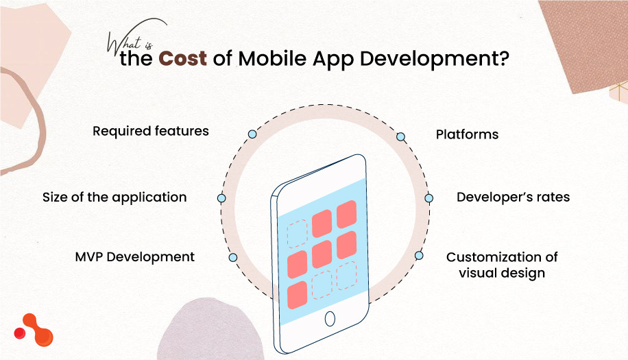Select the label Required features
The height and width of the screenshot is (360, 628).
point(151,130)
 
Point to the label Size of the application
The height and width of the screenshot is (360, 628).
point(114,197)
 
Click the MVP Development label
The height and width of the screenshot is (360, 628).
point(135,257)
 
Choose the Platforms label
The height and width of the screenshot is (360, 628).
point(467,134)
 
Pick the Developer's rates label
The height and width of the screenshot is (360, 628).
point(514,197)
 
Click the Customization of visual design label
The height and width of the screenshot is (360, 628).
point(502,265)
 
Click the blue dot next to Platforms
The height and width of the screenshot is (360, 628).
point(401,137)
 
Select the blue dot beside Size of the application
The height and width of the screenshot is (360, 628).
point(221,198)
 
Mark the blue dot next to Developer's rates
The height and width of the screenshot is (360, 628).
point(429,198)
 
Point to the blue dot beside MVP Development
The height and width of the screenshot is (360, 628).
point(233,258)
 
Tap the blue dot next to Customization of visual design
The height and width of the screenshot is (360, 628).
point(419,256)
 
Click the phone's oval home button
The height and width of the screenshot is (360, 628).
point(330,319)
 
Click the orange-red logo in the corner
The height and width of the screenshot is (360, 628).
point(34,330)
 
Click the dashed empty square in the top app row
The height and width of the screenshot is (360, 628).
point(298,234)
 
